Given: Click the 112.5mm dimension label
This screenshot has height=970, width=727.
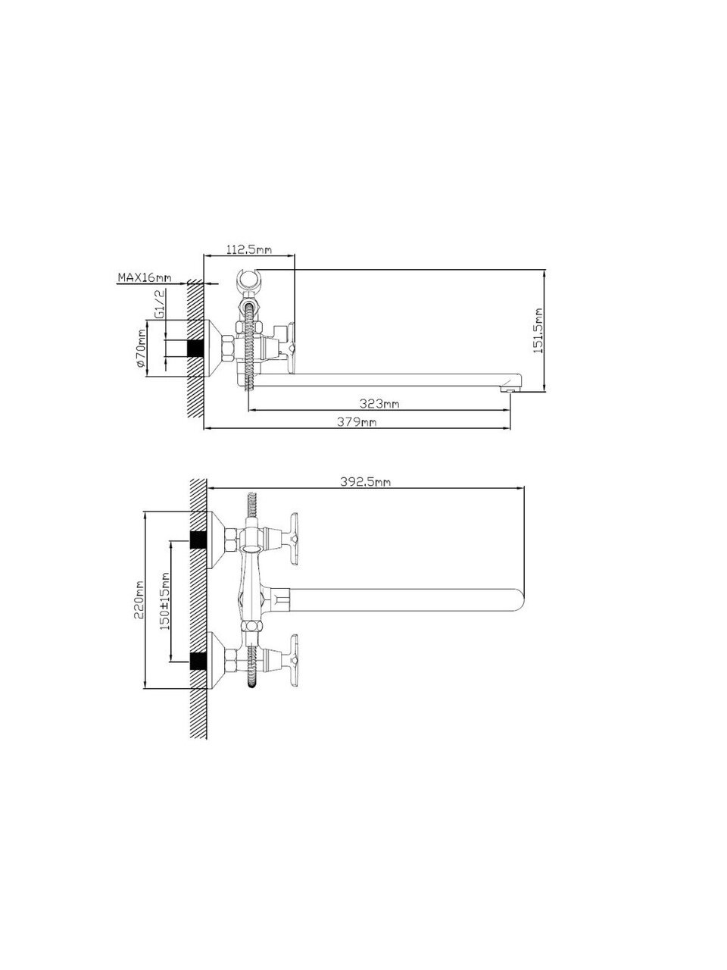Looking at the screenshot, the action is [x=249, y=249].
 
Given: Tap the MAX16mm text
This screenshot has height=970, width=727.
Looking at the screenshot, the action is [x=145, y=277].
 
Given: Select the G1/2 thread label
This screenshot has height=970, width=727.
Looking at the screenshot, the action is [x=160, y=304].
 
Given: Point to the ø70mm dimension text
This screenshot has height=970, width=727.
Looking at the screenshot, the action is [x=141, y=348].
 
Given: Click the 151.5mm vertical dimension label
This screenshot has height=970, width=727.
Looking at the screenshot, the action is [x=537, y=330].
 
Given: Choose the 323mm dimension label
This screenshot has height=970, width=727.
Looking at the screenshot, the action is [x=379, y=403].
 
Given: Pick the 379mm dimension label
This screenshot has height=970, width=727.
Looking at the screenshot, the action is [x=357, y=421].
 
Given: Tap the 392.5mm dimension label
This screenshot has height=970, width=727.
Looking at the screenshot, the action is [x=365, y=482].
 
